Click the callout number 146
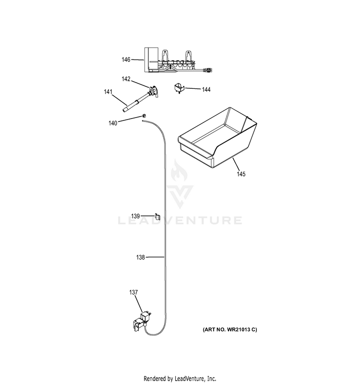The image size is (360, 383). point(126,60)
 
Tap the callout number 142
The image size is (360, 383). point(126,79)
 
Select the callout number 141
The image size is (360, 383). point(108,92)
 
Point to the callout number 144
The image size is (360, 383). point(206,90)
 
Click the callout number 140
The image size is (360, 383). point(113,123)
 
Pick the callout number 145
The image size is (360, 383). point(241,174)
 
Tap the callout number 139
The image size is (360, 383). point(135,216)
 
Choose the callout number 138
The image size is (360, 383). point(141,257)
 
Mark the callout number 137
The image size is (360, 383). point(133,292)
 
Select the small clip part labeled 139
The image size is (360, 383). point(157,216)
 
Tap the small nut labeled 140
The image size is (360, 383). point(144,116)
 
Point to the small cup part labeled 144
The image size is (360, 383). point(179,88)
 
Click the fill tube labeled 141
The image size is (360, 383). point(135,102)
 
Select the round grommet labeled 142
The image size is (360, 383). point(154,91)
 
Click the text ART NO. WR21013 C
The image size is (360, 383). point(230,330)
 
